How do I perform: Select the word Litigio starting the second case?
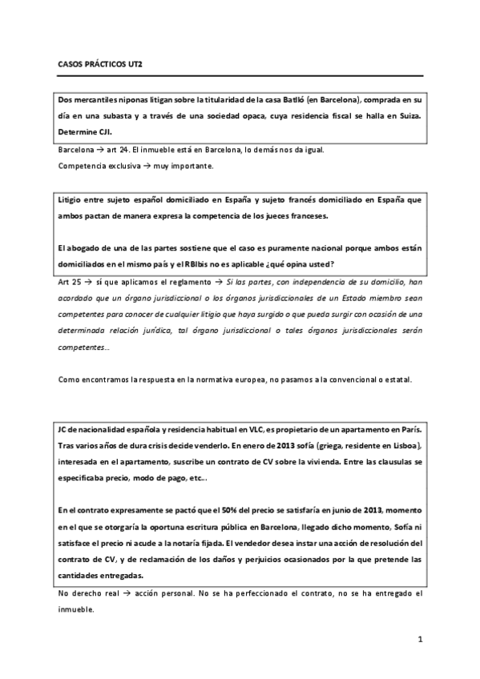coord(74,200)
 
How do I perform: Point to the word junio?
coord(333,509)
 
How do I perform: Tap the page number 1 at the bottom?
coord(419,641)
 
